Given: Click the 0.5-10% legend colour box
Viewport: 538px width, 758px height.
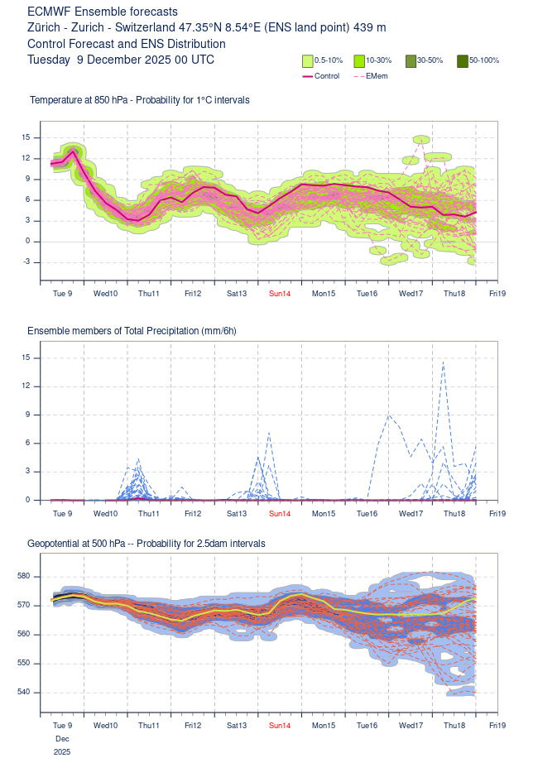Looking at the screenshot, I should [x=307, y=60].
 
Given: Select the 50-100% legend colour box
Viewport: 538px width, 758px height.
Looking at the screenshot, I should [x=463, y=60].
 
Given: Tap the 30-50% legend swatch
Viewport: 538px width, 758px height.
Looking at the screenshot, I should [x=411, y=60].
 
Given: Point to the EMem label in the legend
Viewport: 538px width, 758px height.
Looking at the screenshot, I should [x=377, y=76].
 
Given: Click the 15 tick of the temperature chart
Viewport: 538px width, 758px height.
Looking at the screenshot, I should [x=26, y=137].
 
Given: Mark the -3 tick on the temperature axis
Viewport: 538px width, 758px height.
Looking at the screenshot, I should [x=26, y=262].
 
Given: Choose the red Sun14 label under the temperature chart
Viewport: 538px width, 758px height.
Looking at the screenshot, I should [x=280, y=293].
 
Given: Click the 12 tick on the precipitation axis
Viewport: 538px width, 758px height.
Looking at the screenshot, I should [x=26, y=386].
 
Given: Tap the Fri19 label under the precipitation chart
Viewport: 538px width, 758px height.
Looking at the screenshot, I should [x=497, y=513].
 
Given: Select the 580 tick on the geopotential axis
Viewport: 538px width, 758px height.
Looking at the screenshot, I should [x=23, y=576].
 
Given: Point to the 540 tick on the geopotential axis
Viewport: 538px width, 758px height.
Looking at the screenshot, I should [x=23, y=692].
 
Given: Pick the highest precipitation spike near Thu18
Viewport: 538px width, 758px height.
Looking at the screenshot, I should [x=444, y=362].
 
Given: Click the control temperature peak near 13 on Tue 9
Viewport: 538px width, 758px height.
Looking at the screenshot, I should [x=73, y=151].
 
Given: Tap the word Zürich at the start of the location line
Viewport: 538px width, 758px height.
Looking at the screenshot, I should [x=43, y=27].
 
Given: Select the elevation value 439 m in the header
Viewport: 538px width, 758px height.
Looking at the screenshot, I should [x=369, y=27].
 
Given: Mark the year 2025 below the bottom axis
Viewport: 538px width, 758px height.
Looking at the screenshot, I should [x=62, y=751].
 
